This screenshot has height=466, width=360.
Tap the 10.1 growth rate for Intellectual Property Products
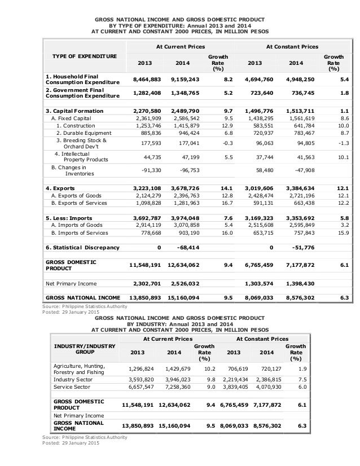pos(340,159)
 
